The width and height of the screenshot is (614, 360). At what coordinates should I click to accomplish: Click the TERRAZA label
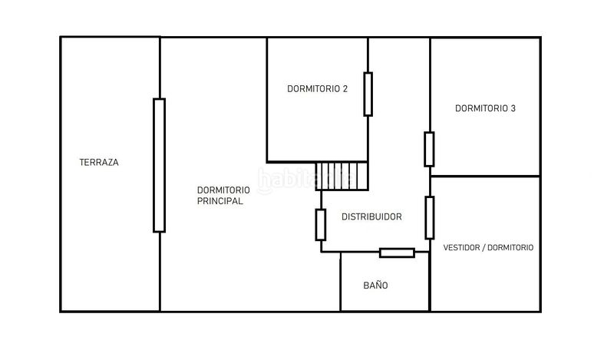pyautogui.click(x=99, y=162)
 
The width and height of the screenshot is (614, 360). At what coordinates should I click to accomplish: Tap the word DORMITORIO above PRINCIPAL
pyautogui.click(x=223, y=190)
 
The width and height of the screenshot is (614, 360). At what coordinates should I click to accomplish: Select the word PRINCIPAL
pyautogui.click(x=220, y=201)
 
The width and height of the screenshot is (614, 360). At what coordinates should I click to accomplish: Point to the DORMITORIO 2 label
pyautogui.click(x=317, y=89)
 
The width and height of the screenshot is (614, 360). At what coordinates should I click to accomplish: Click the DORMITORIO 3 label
pyautogui.click(x=485, y=108)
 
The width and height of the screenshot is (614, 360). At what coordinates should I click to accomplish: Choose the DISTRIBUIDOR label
pyautogui.click(x=371, y=216)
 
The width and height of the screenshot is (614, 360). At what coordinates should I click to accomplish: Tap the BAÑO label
pyautogui.click(x=375, y=286)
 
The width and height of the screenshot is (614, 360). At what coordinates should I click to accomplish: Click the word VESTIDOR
pyautogui.click(x=461, y=248)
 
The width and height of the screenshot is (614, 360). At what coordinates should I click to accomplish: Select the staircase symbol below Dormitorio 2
pyautogui.click(x=342, y=176)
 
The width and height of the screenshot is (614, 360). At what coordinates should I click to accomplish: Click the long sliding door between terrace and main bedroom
pyautogui.click(x=159, y=165)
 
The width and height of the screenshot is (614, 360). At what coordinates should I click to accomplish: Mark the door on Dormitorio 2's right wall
pyautogui.click(x=368, y=94)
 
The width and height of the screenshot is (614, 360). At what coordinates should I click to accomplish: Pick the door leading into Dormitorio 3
pyautogui.click(x=429, y=149)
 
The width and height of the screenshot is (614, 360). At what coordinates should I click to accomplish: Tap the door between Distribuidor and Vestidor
pyautogui.click(x=430, y=218)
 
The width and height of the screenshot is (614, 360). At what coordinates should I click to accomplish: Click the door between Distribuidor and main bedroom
pyautogui.click(x=321, y=225)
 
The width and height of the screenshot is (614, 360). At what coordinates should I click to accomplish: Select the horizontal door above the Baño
pyautogui.click(x=397, y=253)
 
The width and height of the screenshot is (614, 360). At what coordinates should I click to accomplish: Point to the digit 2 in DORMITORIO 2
pyautogui.click(x=345, y=89)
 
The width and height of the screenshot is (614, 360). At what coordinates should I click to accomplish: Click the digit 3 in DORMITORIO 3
pyautogui.click(x=513, y=108)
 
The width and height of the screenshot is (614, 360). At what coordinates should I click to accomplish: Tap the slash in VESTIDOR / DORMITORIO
pyautogui.click(x=484, y=248)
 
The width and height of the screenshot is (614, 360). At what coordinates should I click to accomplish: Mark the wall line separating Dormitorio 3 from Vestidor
pyautogui.click(x=485, y=177)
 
